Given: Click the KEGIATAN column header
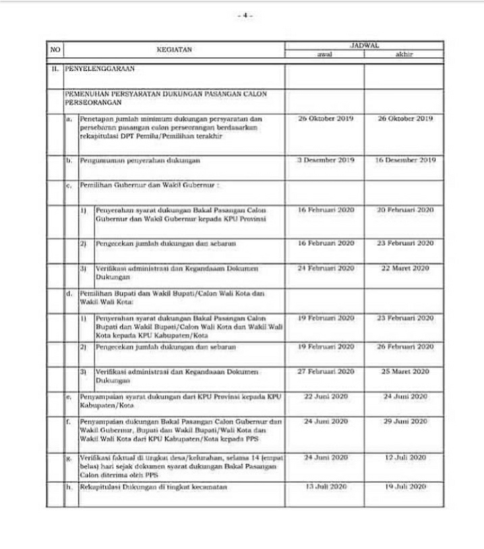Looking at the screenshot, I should tap(175, 49).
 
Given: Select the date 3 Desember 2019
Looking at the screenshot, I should tap(326, 160).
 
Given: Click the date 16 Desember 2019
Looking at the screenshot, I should tap(405, 160).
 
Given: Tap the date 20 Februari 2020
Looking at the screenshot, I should tap(405, 210).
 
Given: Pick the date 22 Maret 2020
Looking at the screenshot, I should tap(405, 268).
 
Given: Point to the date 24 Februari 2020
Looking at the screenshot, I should tap(326, 268).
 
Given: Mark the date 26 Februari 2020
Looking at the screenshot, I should tap(405, 346).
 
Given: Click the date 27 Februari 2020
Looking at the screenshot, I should tap(326, 371).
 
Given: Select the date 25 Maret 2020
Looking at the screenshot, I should tap(405, 371).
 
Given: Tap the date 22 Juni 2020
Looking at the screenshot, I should tap(326, 396).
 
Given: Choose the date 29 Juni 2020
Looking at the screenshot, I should tap(405, 421).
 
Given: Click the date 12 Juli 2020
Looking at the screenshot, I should tap(405, 457).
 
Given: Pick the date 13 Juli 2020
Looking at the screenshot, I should tap(326, 486).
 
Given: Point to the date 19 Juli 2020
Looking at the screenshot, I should tap(405, 486).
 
